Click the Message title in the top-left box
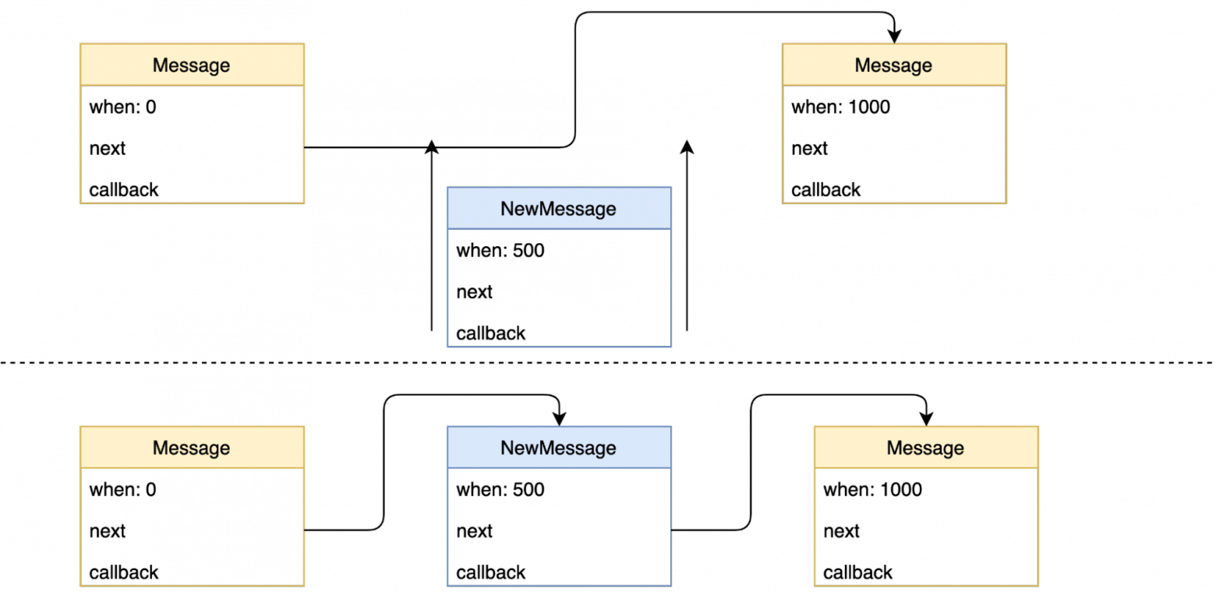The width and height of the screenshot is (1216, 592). tap(191, 65)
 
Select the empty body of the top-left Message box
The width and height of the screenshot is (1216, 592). tap(192, 144)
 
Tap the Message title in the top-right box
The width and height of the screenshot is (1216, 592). tap(893, 65)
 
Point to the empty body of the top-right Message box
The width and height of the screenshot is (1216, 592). tap(894, 144)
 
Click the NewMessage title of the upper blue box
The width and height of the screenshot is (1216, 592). tap(558, 209)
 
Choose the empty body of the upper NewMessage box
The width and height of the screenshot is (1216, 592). tap(559, 287)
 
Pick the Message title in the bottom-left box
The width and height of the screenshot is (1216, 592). tap(191, 448)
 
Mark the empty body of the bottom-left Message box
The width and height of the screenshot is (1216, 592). tap(192, 527)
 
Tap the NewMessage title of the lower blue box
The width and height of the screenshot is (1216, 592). tap(558, 448)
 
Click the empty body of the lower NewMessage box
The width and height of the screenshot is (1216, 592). tap(559, 527)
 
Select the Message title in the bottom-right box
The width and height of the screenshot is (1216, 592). tap(925, 448)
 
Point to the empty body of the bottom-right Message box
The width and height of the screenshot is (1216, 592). tap(926, 527)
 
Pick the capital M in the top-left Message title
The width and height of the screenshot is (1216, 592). tap(160, 65)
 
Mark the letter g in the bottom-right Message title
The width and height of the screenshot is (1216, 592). tap(946, 449)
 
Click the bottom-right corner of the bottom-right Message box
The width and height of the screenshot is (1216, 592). tap(1037, 585)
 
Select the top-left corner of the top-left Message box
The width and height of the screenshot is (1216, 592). tap(81, 44)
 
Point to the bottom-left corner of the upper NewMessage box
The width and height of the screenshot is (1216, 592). tap(447, 346)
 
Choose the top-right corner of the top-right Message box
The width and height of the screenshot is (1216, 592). tap(1006, 44)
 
